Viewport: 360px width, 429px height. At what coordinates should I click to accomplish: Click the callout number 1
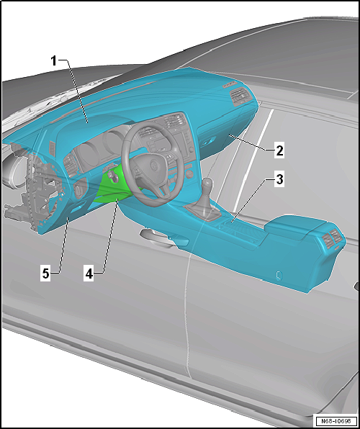click(54, 60)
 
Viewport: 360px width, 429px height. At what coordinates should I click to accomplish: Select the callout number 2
click(279, 150)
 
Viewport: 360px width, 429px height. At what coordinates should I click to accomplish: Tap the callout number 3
click(279, 181)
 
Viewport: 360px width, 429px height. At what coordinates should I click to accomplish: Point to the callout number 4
click(89, 274)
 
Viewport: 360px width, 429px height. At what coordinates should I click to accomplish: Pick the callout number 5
click(45, 274)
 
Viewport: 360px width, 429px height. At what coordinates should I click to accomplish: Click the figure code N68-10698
click(336, 420)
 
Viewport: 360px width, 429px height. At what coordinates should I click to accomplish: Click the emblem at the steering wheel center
click(153, 166)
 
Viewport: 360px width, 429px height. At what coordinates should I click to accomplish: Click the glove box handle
click(207, 143)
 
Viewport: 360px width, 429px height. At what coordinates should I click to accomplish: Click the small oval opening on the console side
click(278, 275)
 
